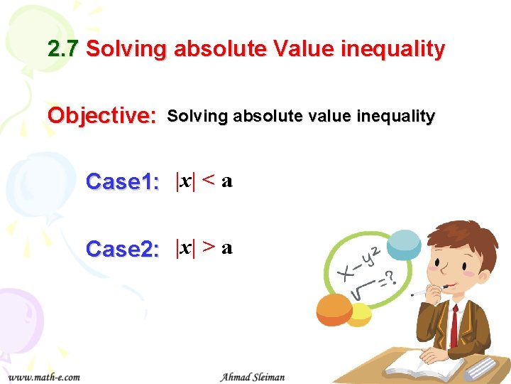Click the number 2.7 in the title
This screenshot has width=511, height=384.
click(64, 49)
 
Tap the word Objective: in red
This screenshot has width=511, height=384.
click(102, 115)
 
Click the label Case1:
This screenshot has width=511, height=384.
click(122, 182)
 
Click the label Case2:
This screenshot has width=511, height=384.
click(122, 250)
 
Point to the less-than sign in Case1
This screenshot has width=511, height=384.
click(209, 181)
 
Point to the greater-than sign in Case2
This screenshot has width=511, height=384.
click(209, 248)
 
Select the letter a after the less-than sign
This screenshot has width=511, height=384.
click(227, 182)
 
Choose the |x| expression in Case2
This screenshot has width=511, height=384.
click(185, 248)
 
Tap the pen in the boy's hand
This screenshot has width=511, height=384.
click(428, 291)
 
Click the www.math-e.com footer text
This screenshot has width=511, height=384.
click(44, 376)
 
